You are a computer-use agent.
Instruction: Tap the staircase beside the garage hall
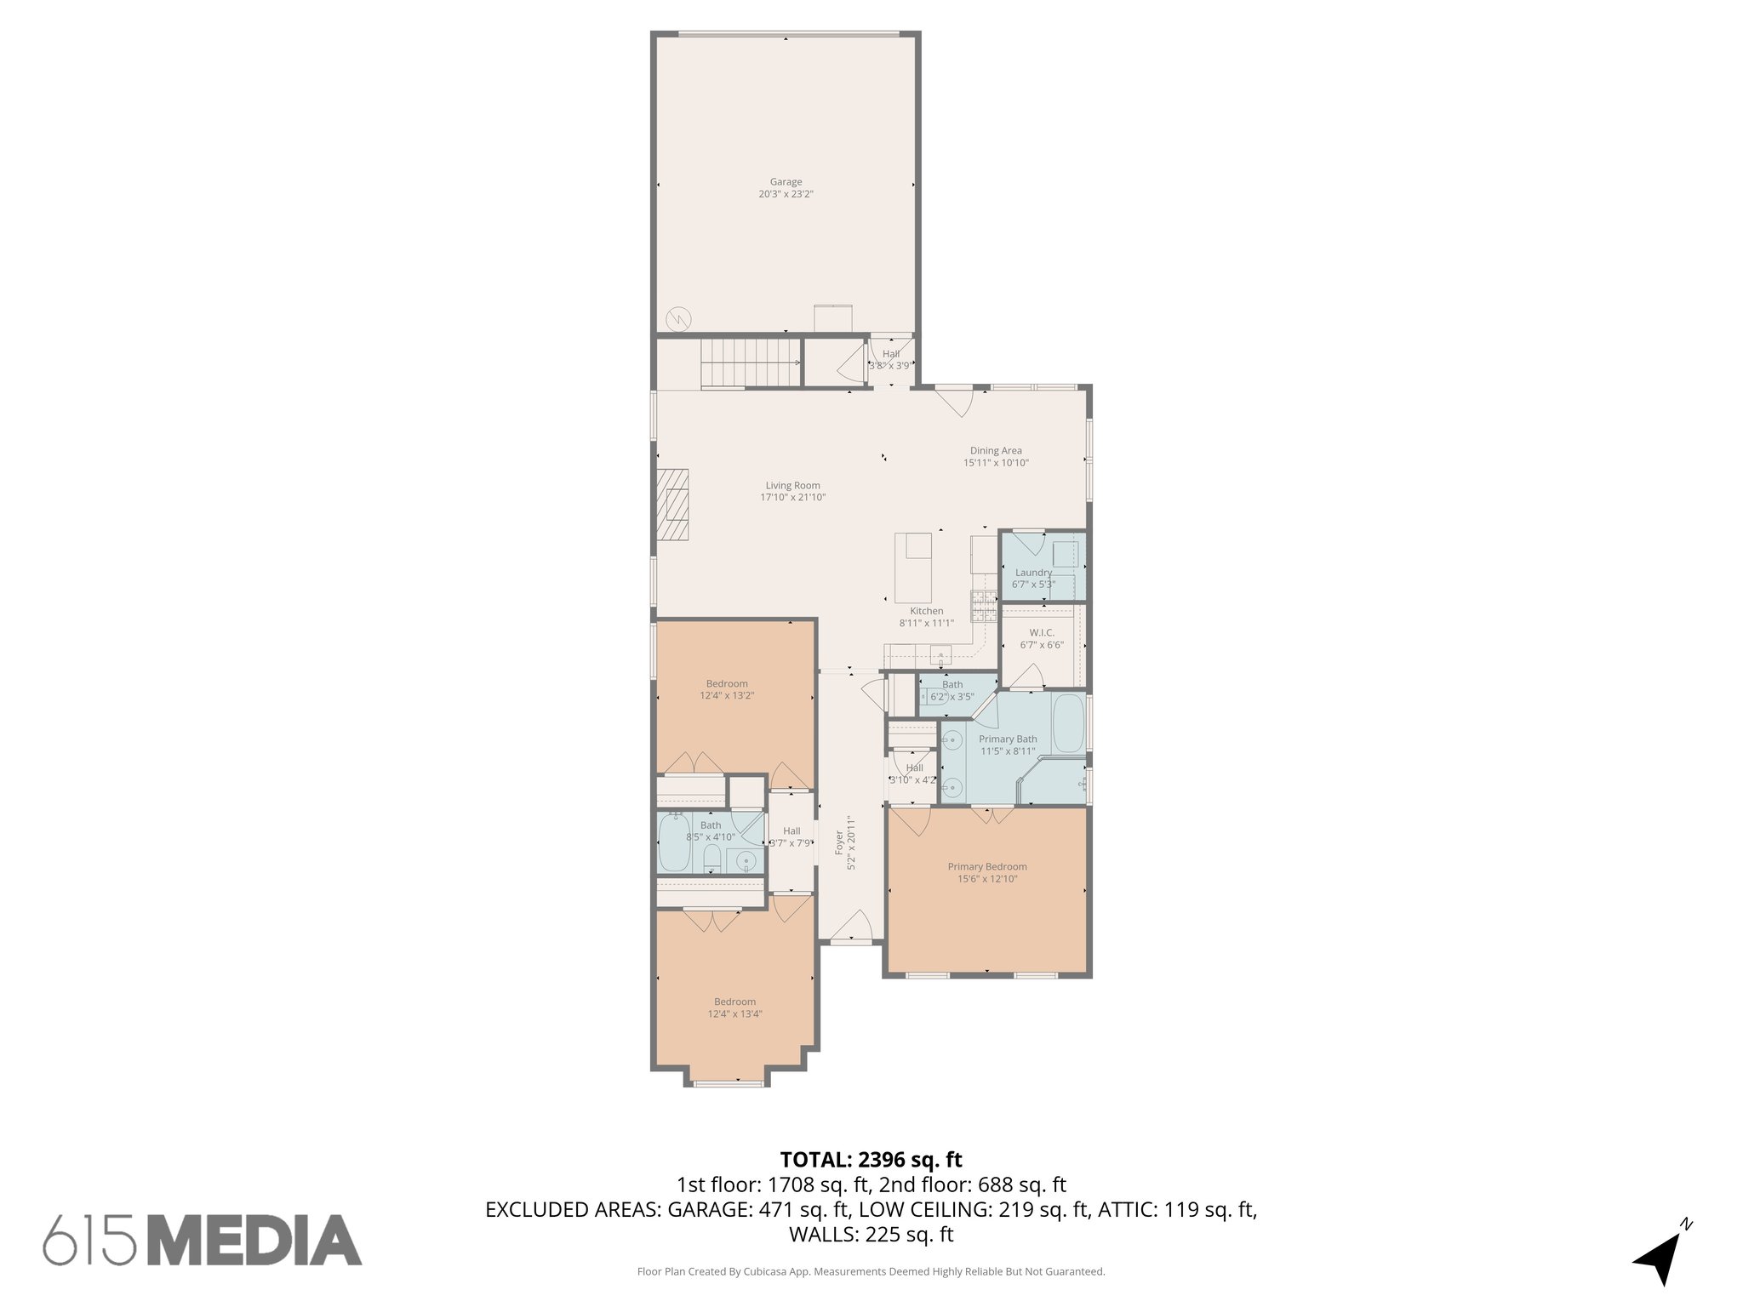(751, 362)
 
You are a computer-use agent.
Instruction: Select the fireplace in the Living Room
(672, 504)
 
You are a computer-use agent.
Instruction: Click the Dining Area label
(996, 451)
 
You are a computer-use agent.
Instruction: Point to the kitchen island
(913, 568)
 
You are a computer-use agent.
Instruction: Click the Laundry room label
(1033, 573)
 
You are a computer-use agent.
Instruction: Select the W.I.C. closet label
(1042, 633)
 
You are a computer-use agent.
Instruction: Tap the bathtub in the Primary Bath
(1068, 723)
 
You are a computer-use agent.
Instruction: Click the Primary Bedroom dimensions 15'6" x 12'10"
(987, 879)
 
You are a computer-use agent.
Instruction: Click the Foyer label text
(839, 842)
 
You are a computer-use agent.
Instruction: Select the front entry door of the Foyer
(852, 939)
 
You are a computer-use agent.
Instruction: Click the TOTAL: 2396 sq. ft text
(871, 1160)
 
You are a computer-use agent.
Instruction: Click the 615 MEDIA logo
(203, 1240)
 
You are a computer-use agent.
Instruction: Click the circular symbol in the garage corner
(678, 319)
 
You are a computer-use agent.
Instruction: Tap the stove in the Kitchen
(985, 605)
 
